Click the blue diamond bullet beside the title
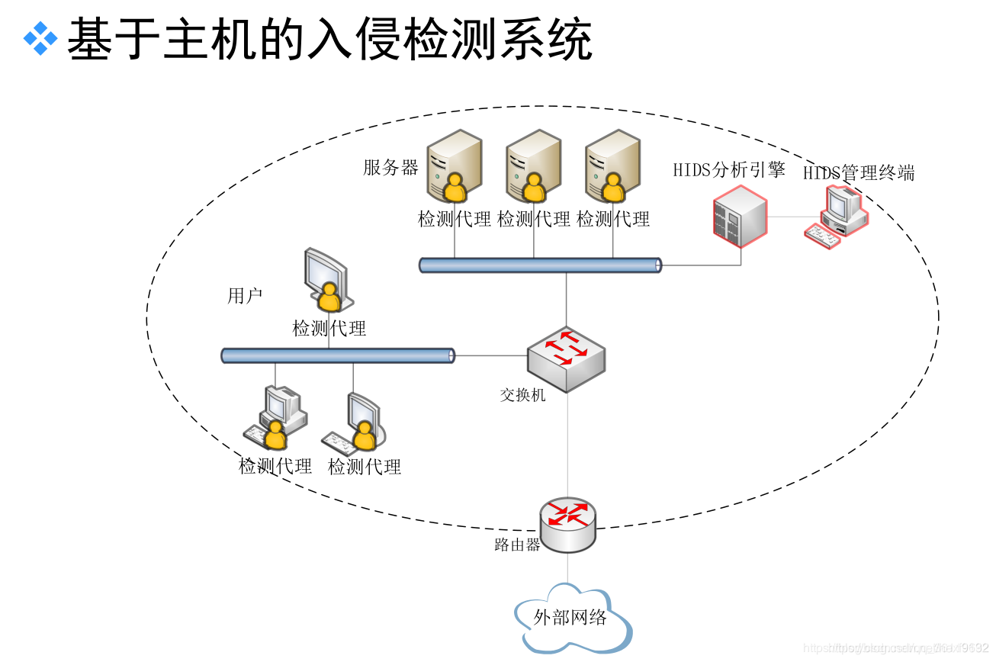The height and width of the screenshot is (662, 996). pyautogui.click(x=40, y=39)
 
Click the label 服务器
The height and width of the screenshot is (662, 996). pyautogui.click(x=390, y=168)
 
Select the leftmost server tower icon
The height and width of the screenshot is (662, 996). pyautogui.click(x=454, y=164)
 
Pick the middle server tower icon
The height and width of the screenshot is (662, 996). pyautogui.click(x=533, y=164)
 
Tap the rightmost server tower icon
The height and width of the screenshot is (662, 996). pyautogui.click(x=612, y=164)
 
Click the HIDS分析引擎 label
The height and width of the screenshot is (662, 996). pyautogui.click(x=728, y=169)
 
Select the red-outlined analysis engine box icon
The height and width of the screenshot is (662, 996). pyautogui.click(x=739, y=220)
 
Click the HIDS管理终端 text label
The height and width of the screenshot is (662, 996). pyautogui.click(x=858, y=173)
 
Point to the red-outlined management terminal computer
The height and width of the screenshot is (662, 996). pyautogui.click(x=837, y=217)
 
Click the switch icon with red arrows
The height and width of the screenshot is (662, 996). pyautogui.click(x=566, y=357)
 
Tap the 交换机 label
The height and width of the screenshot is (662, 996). pyautogui.click(x=522, y=395)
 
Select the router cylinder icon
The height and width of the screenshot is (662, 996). pyautogui.click(x=567, y=524)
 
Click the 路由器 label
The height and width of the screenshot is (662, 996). pyautogui.click(x=517, y=545)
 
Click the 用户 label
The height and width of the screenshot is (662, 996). pyautogui.click(x=245, y=296)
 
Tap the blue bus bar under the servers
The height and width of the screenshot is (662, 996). pyautogui.click(x=540, y=265)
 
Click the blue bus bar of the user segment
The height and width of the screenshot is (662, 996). pyautogui.click(x=338, y=355)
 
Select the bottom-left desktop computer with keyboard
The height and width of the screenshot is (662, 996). pyautogui.click(x=275, y=418)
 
